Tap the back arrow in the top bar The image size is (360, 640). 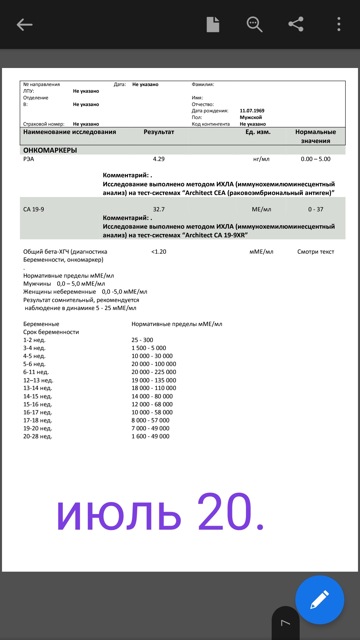(x=25, y=25)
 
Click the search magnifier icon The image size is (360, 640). (x=254, y=25)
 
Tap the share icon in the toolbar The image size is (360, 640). (x=296, y=24)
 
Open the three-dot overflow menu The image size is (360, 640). (x=339, y=24)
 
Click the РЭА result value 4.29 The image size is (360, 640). (x=159, y=159)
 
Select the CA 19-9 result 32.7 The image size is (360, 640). (x=159, y=209)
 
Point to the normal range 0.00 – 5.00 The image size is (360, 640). (x=315, y=159)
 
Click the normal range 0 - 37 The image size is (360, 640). (x=315, y=209)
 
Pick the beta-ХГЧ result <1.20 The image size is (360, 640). (x=159, y=252)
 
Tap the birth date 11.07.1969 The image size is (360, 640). (x=252, y=111)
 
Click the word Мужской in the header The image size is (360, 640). (x=251, y=117)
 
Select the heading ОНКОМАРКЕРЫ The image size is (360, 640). (x=50, y=150)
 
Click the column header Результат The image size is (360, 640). (x=159, y=132)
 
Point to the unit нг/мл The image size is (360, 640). (x=261, y=159)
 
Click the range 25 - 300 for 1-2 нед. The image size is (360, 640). (x=142, y=340)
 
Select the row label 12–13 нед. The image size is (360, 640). (x=38, y=380)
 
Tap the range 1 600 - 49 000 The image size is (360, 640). (x=150, y=436)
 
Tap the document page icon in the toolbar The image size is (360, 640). (x=213, y=24)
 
